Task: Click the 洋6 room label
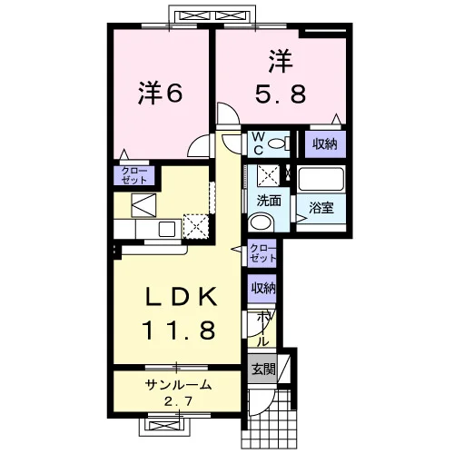click(x=161, y=94)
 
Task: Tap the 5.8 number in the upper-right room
click(x=281, y=94)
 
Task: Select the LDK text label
click(x=182, y=296)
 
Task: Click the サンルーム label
click(x=178, y=385)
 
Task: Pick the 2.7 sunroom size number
click(x=178, y=401)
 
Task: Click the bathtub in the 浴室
click(x=321, y=179)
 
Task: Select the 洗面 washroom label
click(x=269, y=201)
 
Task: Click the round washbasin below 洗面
click(x=261, y=222)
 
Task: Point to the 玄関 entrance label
click(x=263, y=369)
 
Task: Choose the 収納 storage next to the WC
click(x=325, y=144)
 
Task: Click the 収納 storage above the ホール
click(x=263, y=289)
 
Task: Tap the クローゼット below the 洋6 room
click(x=134, y=175)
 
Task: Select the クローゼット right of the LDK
click(x=262, y=253)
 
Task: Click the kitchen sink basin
click(x=167, y=230)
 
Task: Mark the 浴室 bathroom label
click(x=321, y=208)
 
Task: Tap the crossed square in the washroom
click(x=268, y=175)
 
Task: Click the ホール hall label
click(x=263, y=330)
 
